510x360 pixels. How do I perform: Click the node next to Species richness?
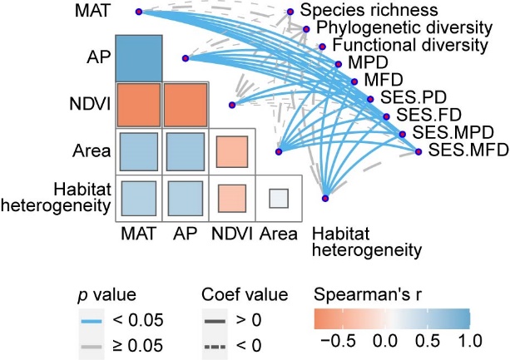pyautogui.click(x=290, y=12)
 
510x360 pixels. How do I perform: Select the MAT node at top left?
pyautogui.click(x=139, y=12)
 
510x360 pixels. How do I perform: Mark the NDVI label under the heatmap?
pyautogui.click(x=230, y=234)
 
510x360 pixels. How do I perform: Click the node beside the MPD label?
pyautogui.click(x=339, y=63)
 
